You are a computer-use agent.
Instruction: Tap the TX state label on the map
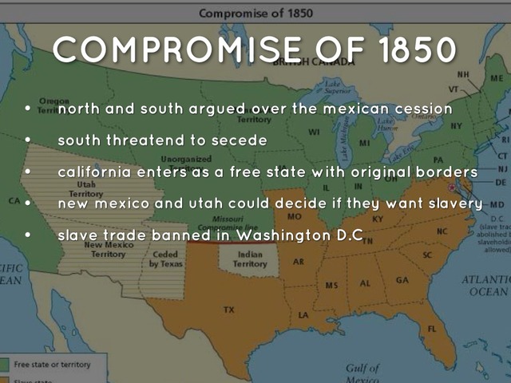[229, 309]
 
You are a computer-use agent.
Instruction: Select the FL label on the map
[432, 328]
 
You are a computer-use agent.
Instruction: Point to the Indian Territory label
[250, 259]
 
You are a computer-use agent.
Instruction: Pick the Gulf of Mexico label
[362, 373]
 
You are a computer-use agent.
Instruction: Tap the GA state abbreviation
[401, 280]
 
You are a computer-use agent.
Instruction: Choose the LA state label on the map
[303, 315]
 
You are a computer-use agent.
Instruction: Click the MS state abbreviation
[331, 285]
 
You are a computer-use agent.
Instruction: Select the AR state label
[299, 261]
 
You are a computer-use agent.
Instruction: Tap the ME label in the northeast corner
[497, 79]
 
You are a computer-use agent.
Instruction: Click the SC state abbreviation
[427, 255]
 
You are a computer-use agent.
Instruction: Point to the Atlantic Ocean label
[485, 286]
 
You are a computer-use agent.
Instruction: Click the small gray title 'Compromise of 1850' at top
[255, 13]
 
